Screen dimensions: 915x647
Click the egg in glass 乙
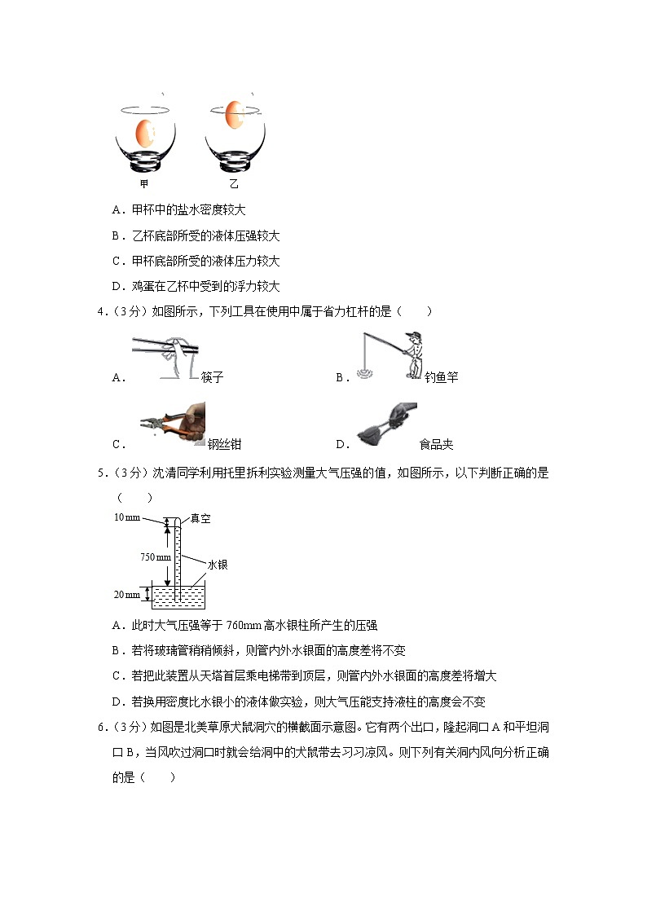pyautogui.click(x=235, y=114)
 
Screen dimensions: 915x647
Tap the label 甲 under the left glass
pyautogui.click(x=144, y=183)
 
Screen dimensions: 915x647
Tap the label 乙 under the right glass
pyautogui.click(x=234, y=183)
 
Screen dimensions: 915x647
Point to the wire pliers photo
pyautogui.click(x=172, y=422)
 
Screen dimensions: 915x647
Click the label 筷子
pyautogui.click(x=212, y=377)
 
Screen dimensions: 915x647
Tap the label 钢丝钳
pyautogui.click(x=224, y=444)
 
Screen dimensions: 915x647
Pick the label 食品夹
pyautogui.click(x=436, y=444)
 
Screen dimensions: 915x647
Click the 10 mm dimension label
pyautogui.click(x=127, y=518)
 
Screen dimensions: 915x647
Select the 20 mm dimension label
pyautogui.click(x=127, y=595)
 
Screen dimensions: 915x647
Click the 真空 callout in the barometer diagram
pyautogui.click(x=200, y=518)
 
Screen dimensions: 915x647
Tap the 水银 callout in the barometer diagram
pyautogui.click(x=217, y=564)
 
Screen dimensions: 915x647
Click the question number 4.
pyautogui.click(x=115, y=310)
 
